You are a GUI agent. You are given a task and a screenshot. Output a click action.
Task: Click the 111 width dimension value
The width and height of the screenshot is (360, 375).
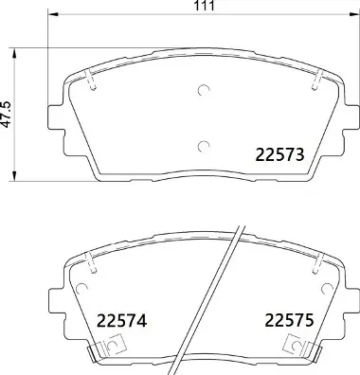(202, 7)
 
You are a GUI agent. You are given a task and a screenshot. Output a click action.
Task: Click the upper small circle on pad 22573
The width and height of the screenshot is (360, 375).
(203, 92)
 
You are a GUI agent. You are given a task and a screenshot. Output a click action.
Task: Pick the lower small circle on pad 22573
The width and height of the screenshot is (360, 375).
(203, 145)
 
